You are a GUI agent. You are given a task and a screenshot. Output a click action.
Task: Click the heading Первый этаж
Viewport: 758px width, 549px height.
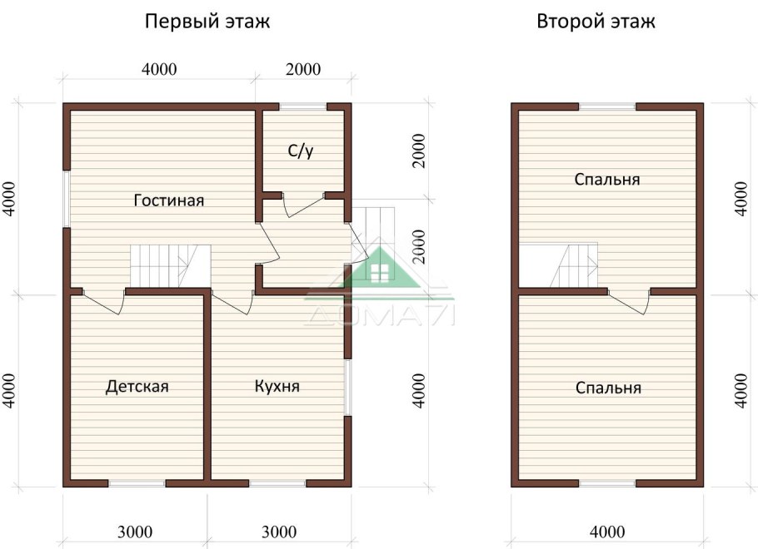coord(207,22)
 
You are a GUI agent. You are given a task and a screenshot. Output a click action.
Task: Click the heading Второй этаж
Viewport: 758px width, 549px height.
coord(596,22)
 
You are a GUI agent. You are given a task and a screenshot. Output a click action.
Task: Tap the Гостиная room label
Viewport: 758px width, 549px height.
coord(169,200)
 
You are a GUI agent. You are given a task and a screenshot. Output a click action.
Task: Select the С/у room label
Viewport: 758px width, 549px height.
coord(301,151)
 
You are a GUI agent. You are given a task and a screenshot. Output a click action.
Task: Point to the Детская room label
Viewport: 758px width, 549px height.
coord(137,387)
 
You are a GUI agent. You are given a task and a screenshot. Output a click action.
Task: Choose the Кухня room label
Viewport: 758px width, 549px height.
coord(277,387)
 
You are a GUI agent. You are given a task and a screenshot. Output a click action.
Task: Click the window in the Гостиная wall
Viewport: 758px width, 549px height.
coord(66,200)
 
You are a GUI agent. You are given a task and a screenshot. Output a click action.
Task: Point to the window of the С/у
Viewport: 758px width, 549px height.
coord(302,106)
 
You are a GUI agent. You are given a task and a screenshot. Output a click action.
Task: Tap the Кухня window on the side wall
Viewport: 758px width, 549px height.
coord(348,387)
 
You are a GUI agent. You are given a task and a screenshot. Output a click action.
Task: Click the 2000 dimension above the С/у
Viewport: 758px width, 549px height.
coord(302,70)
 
